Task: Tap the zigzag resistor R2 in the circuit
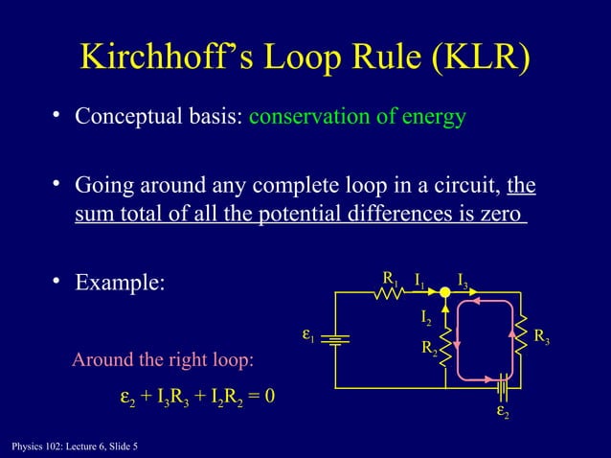(447, 340)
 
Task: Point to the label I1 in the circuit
(420, 281)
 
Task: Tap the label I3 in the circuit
(464, 281)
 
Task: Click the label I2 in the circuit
(426, 316)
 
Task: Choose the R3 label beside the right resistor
(541, 337)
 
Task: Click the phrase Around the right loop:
(164, 361)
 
